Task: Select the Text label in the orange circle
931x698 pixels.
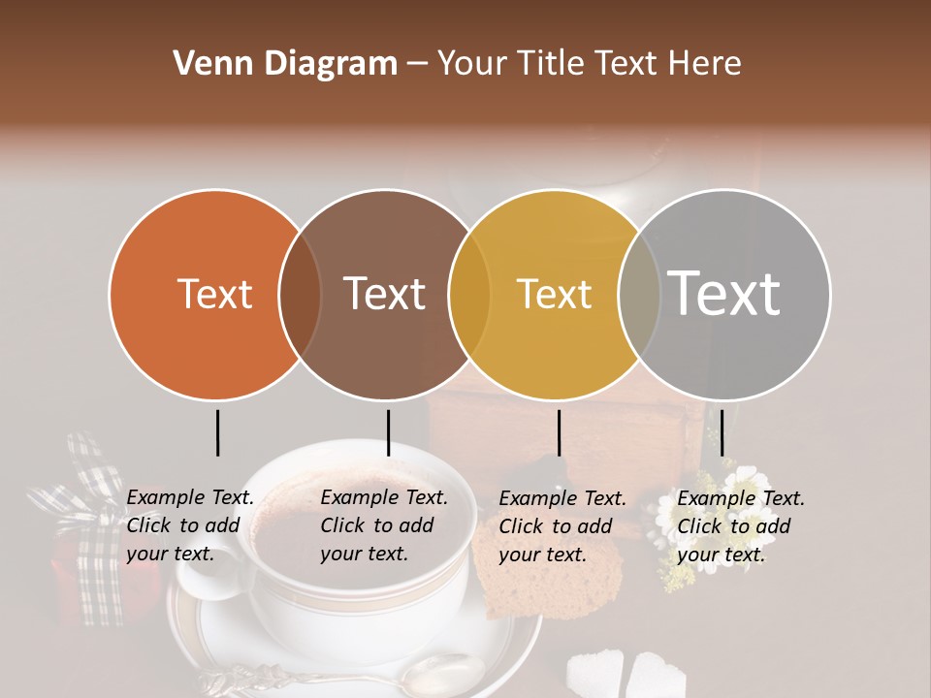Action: click(214, 294)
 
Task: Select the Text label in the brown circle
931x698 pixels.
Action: click(384, 294)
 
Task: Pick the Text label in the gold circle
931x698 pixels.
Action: click(554, 294)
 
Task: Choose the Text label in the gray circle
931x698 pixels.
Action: click(723, 293)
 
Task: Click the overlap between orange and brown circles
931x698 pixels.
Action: click(300, 295)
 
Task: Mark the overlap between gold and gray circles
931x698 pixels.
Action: click(639, 295)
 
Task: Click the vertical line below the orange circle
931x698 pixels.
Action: click(217, 432)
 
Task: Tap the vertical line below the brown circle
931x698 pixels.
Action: click(388, 432)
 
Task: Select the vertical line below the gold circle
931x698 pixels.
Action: click(559, 432)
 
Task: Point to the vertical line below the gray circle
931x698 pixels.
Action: click(722, 432)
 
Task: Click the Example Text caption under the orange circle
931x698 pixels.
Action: click(190, 525)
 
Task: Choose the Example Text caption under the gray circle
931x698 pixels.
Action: click(740, 525)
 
